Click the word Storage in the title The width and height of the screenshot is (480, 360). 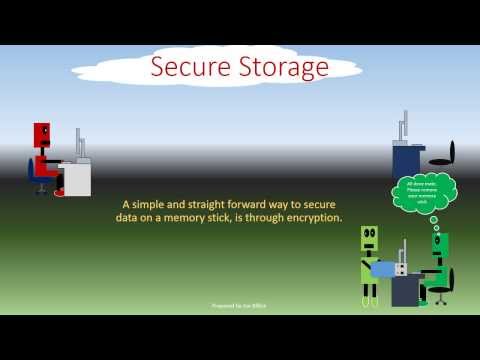tap(283, 68)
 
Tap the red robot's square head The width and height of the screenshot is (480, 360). tap(42, 133)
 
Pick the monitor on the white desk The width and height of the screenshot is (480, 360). tap(80, 148)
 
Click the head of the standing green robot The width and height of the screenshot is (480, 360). tap(369, 238)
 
